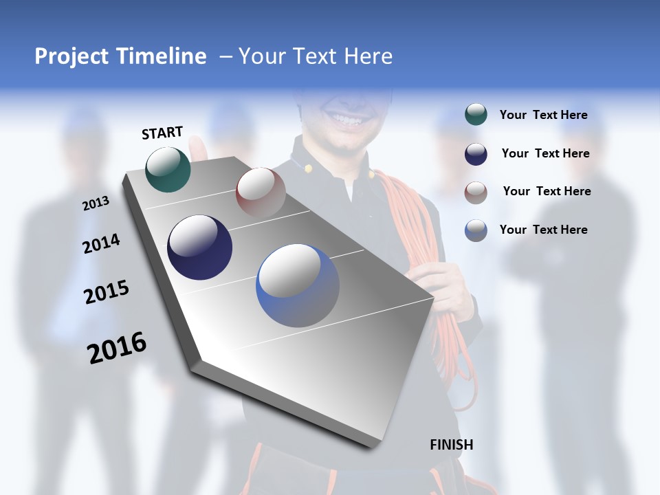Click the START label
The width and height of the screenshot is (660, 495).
tap(162, 133)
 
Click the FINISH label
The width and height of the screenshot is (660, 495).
tap(451, 445)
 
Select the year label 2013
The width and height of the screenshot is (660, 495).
tap(96, 203)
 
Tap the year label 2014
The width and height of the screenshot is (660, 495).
tap(101, 244)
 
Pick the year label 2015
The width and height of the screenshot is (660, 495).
tap(107, 292)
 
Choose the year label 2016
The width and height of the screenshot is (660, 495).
tap(117, 348)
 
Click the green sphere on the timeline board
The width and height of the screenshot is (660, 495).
tap(168, 169)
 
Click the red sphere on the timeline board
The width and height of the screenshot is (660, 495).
tap(261, 192)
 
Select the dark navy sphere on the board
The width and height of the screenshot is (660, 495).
tap(199, 247)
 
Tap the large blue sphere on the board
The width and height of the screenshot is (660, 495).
tap(298, 285)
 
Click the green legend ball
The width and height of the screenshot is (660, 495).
tap(476, 114)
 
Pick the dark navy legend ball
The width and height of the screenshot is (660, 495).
tap(476, 154)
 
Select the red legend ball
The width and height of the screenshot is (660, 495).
tap(476, 192)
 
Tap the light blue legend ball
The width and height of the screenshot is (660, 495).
tap(476, 230)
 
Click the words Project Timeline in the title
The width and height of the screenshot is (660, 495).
tap(120, 56)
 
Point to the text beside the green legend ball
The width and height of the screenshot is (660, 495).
tap(543, 115)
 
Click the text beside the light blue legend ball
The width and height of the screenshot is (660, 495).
tap(543, 230)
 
